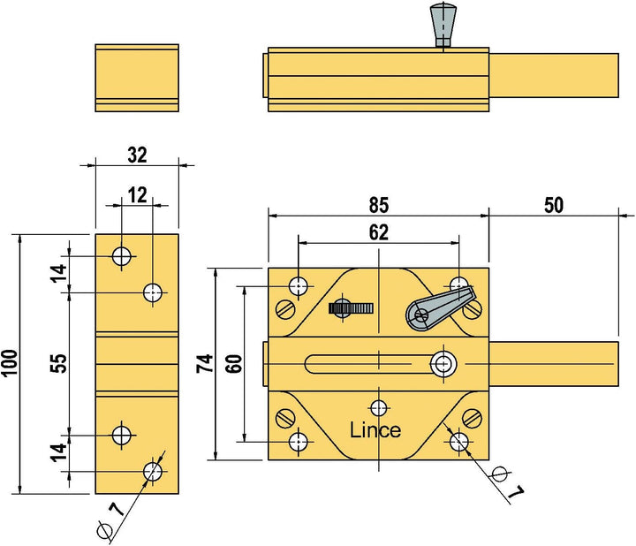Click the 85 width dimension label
point(379,205)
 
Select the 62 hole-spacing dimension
point(379,232)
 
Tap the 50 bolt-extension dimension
point(554,205)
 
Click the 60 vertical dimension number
point(234,363)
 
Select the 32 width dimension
point(137,155)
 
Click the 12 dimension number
point(137,195)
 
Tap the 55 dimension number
point(59,363)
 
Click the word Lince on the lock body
point(375,430)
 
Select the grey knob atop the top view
point(443,24)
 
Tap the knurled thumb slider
point(351,308)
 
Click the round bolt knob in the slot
point(443,363)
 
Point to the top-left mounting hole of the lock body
point(299,286)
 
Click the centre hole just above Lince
point(379,407)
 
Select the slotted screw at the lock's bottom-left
point(285,418)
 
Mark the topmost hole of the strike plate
point(122,256)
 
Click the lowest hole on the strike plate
point(153,472)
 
